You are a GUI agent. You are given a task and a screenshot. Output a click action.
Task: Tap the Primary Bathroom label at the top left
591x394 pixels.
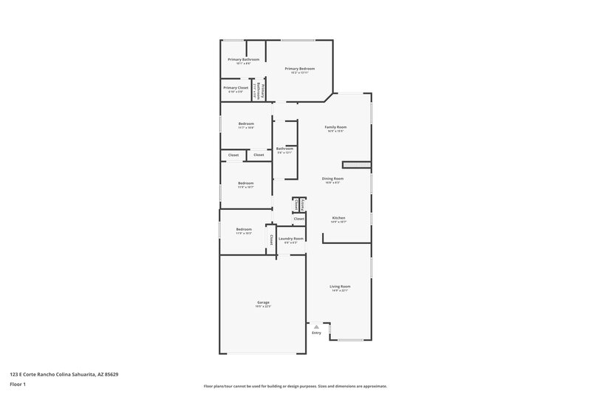point(244,59)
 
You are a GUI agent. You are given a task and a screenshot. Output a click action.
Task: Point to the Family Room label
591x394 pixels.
point(335,126)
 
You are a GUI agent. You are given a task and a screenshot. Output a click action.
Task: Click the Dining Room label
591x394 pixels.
point(332,178)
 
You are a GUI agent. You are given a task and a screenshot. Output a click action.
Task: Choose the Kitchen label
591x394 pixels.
point(338,218)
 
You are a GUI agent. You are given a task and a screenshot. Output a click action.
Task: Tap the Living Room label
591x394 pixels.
point(340,286)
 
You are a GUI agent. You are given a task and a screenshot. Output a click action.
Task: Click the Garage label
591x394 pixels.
point(263,302)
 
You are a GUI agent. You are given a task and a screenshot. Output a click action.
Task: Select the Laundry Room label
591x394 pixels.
point(290,239)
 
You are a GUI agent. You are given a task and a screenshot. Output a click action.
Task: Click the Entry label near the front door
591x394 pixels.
point(316,333)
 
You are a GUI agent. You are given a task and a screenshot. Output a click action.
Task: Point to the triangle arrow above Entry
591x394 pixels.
point(316,325)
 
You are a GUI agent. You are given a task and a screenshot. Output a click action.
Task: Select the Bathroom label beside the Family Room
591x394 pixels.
point(284,149)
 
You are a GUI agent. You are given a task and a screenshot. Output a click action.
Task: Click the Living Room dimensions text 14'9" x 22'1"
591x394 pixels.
point(340,291)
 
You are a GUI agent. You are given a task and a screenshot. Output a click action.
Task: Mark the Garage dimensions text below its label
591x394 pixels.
point(263,307)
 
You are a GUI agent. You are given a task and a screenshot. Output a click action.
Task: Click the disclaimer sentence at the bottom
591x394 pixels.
point(295,386)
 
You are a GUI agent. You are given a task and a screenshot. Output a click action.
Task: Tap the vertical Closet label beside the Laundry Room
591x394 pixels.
point(271,239)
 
